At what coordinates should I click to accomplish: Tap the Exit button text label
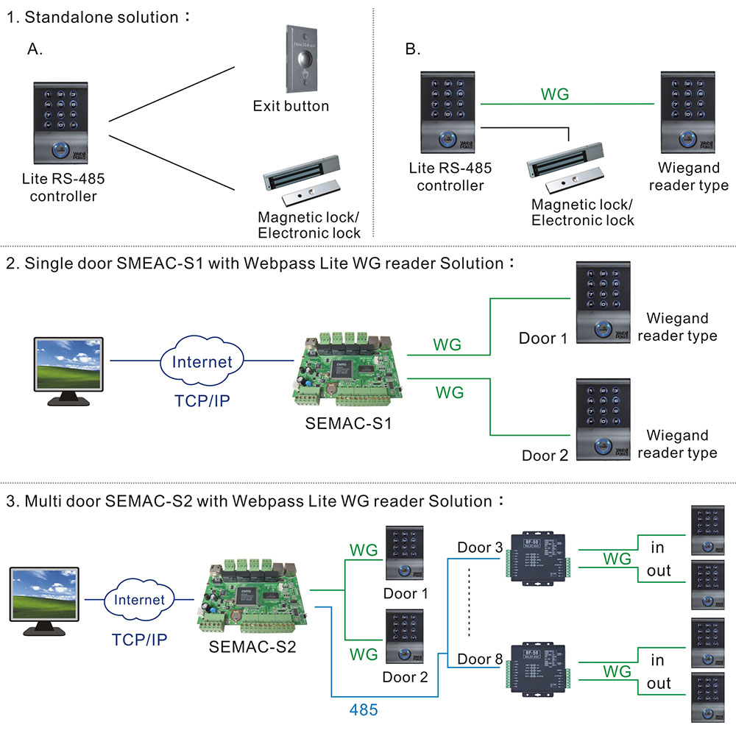point(291,106)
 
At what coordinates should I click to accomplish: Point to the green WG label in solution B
point(554,93)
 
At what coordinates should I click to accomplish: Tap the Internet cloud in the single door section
point(202,361)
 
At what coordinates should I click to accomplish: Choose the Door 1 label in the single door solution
point(543,339)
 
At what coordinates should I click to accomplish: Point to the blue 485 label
point(363,710)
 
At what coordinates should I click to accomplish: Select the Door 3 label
point(479,548)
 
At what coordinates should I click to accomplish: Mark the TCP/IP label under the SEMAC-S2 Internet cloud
point(139,639)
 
